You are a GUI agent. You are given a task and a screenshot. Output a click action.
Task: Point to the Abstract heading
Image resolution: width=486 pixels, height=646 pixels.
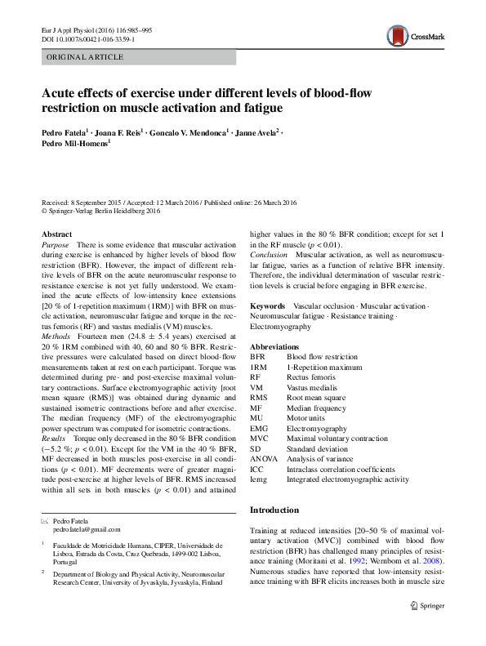(57, 234)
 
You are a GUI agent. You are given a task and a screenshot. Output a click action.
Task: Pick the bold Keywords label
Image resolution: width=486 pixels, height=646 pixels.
(267, 305)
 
